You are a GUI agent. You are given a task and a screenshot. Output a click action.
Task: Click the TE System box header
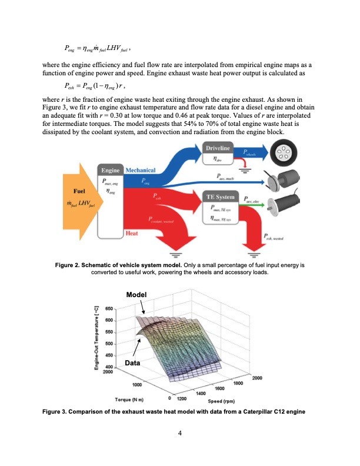tap(221, 196)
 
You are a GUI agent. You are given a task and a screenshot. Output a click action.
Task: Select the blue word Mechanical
tap(139, 170)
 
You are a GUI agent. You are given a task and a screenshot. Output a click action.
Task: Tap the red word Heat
tap(132, 234)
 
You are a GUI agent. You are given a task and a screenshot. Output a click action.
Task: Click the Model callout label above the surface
tap(137, 294)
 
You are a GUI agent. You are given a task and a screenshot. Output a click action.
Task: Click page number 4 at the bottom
tap(180, 434)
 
